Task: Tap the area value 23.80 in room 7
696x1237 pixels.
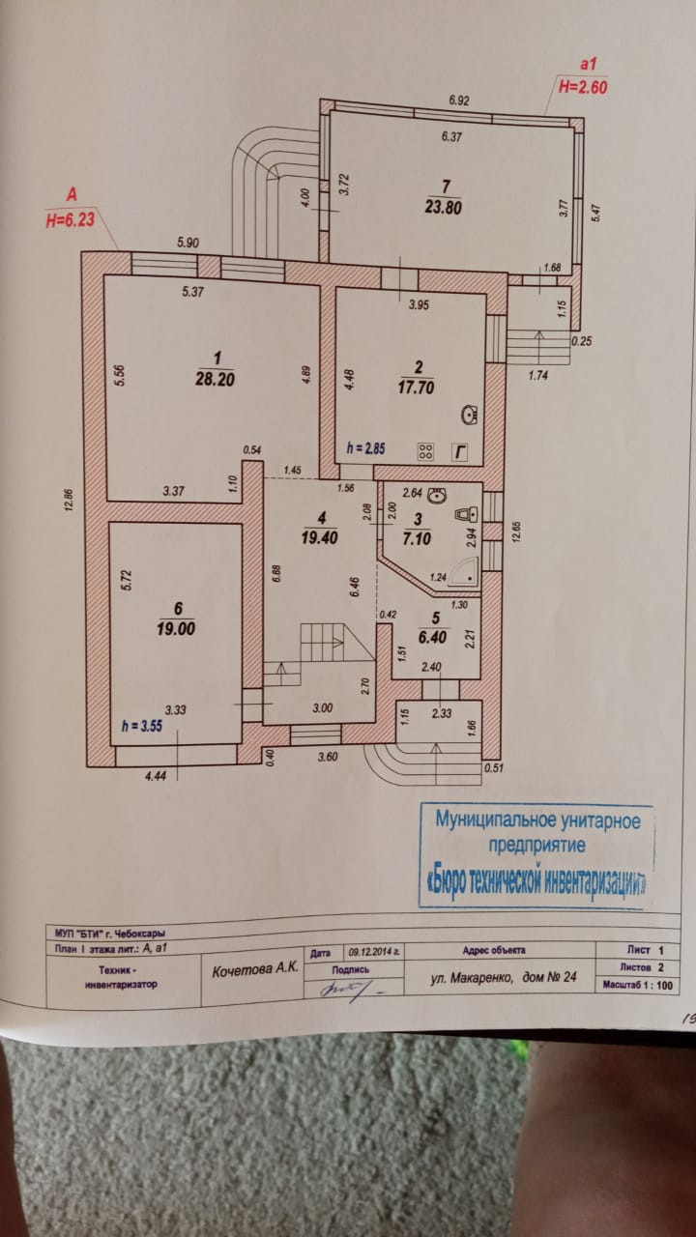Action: [445, 205]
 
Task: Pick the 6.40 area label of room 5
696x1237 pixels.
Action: [436, 637]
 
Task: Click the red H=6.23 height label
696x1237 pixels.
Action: [70, 220]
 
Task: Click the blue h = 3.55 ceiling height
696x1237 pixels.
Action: [142, 724]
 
